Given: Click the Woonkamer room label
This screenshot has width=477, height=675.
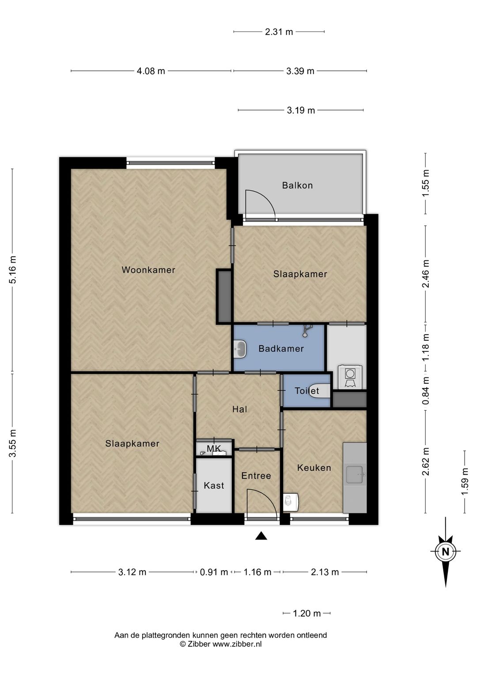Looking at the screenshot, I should point(148,270).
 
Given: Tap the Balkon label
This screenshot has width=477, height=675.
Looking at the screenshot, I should point(297,186).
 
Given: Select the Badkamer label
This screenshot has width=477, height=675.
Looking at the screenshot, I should point(281,349).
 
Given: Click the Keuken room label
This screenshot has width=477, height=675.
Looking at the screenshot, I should point(314,468).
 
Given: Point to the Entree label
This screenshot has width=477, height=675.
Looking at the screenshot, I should point(256,476).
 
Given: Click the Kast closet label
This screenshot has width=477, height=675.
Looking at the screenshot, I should point(214,485).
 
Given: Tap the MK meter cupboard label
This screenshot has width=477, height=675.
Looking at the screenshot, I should point(214,449).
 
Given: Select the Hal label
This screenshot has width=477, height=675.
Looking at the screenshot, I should point(240,409).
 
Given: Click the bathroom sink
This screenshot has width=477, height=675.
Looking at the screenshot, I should point(240,349).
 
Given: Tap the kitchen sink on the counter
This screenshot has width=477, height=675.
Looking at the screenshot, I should point(355,474).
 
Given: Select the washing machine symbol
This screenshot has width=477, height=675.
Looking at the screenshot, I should point(350,375).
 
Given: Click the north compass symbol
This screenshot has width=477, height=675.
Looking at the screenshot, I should point(445,552).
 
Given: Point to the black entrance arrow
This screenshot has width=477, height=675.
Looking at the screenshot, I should point(261,536).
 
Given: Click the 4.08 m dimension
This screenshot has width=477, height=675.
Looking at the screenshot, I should point(151,71).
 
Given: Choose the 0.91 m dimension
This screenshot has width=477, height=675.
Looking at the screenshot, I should point(214,572).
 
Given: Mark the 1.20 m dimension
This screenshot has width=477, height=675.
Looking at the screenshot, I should point(307,613).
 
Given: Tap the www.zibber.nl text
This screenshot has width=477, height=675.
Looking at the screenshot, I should point(237,644).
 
